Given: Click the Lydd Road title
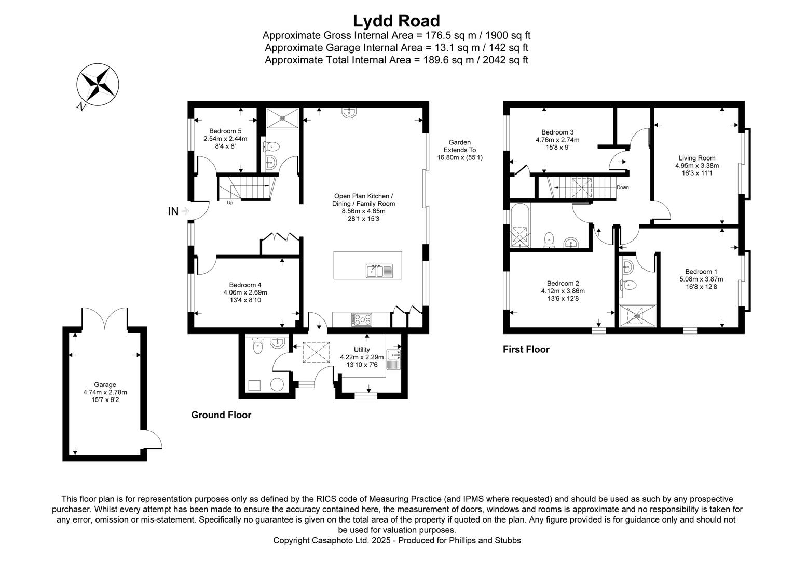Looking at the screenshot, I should (396, 21).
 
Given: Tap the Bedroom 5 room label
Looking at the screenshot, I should (225, 131).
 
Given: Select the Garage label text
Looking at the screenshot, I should (105, 385).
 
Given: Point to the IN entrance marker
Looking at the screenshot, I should (173, 211).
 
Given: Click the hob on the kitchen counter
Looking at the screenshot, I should (361, 319).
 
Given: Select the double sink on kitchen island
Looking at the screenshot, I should (379, 271).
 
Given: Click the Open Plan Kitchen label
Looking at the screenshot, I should (363, 196).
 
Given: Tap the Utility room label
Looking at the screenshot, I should (362, 350).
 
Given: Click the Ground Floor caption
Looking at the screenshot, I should (221, 415).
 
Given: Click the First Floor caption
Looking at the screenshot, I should (526, 350).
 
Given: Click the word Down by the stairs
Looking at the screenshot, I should (623, 188).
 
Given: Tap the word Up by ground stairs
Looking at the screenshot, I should (230, 203).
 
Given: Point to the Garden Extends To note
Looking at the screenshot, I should (459, 150).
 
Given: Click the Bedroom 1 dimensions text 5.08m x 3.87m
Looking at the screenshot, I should (701, 279).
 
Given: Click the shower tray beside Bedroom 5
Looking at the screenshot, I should (282, 117).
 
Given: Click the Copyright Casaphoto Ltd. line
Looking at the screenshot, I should (397, 540).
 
